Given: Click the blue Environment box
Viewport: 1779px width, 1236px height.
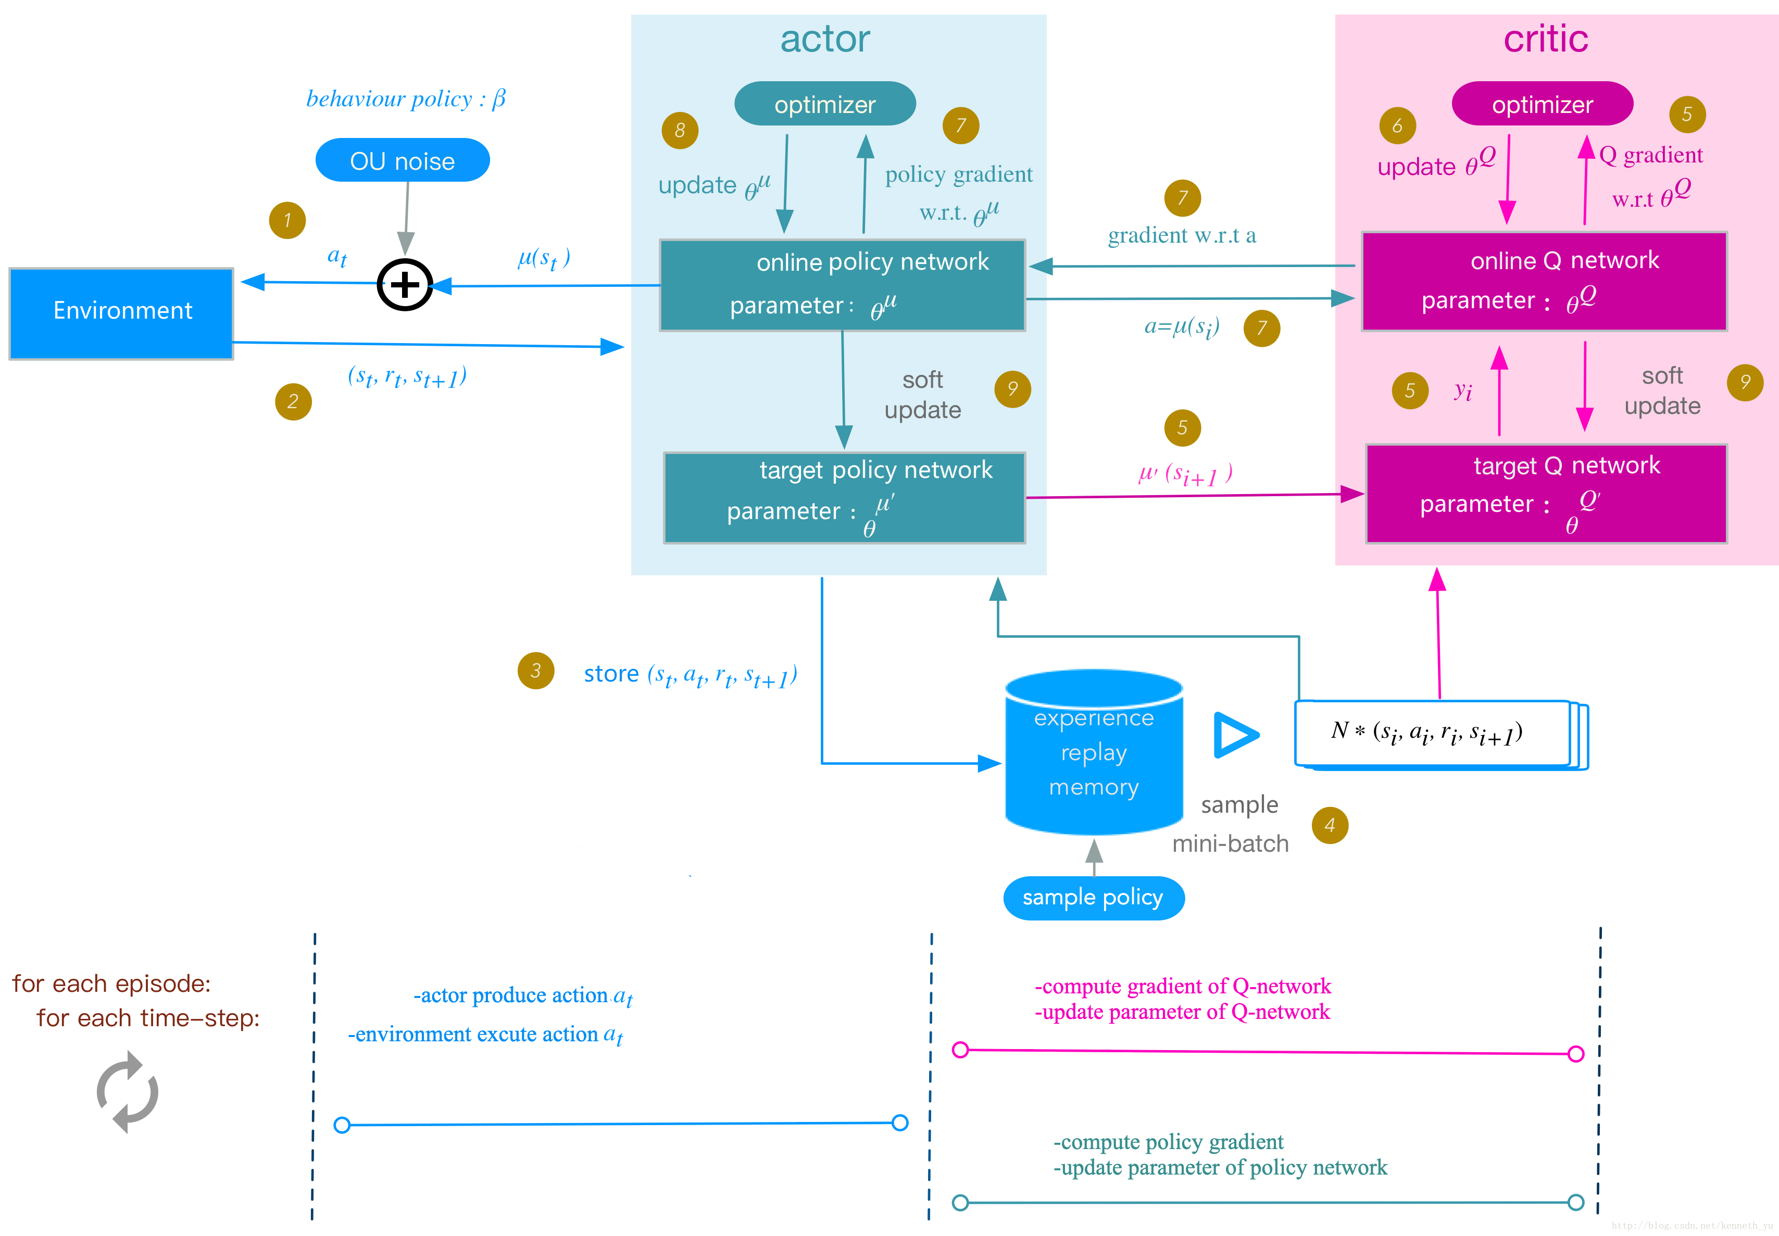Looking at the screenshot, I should coord(121,313).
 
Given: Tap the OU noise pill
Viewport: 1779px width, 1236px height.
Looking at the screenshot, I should coord(402,160).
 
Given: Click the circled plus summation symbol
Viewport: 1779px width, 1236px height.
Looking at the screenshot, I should coord(404,285).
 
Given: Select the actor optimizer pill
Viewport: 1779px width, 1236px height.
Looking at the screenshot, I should coord(825,104).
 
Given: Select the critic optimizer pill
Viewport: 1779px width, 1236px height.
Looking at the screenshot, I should coord(1542,104).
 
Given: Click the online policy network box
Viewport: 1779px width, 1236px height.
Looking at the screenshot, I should coord(843,284).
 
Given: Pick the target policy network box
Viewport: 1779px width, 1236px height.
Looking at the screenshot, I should coord(844,497).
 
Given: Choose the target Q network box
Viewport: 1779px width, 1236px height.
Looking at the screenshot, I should coord(1546,494).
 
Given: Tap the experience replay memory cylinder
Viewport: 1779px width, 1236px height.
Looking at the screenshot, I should coord(1094,753).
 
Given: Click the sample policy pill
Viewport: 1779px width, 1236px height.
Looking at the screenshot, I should coord(1094,898).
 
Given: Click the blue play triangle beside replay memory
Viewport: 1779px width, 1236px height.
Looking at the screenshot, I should coord(1233,735).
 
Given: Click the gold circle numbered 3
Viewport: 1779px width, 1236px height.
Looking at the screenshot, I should coord(536,671).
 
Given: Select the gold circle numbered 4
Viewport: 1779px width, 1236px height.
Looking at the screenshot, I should coord(1330,826).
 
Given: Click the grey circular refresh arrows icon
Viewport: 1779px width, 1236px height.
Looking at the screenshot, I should coord(128,1092).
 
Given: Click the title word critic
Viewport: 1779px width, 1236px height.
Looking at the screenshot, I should coord(1546,39).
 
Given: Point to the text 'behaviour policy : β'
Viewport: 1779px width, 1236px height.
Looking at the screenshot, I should coord(406,98).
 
